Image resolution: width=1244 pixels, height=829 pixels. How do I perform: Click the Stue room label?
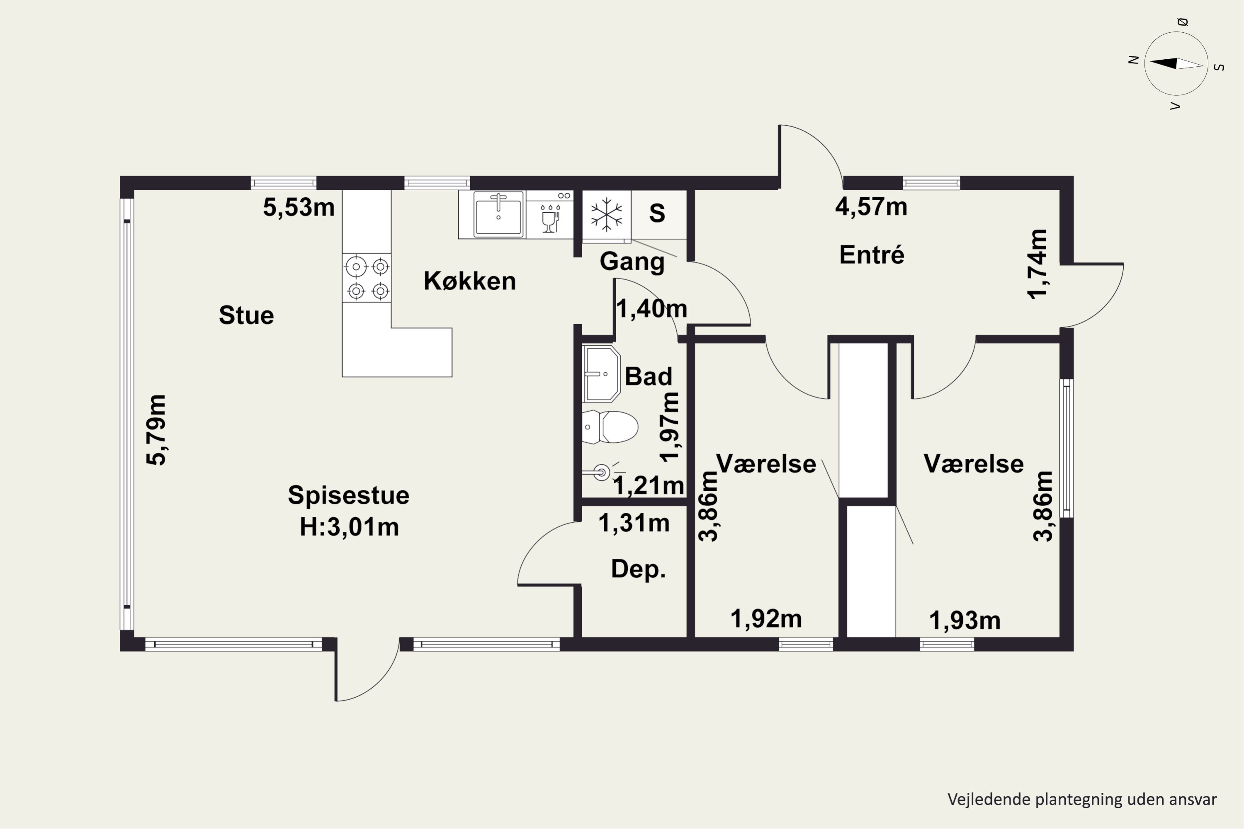pos(246,315)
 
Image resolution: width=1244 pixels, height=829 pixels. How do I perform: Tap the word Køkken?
pos(470,281)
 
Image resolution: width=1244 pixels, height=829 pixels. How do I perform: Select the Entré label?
pos(872,255)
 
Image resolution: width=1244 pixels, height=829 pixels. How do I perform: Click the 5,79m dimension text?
pos(157,430)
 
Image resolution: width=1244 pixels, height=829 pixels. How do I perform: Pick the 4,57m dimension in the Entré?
pos(871,207)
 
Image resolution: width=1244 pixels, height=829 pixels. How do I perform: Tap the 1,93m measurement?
pos(965,621)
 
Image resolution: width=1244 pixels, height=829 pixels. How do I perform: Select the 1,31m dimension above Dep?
pos(634,524)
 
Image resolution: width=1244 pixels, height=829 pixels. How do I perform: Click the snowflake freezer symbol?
pos(606,215)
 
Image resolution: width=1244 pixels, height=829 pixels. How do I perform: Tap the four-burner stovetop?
pos(367,278)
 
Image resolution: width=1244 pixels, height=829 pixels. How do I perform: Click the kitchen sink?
pos(498,214)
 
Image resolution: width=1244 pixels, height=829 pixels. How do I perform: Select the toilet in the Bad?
pos(610,427)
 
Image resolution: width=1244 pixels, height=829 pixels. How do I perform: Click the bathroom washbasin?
pos(601,374)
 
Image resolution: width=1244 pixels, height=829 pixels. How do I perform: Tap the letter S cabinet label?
pos(657,213)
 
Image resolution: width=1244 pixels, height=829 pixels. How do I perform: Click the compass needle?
pos(1176,64)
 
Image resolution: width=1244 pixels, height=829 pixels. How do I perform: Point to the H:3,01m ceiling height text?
pos(349,528)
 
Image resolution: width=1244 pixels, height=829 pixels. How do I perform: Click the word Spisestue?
pos(349,496)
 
